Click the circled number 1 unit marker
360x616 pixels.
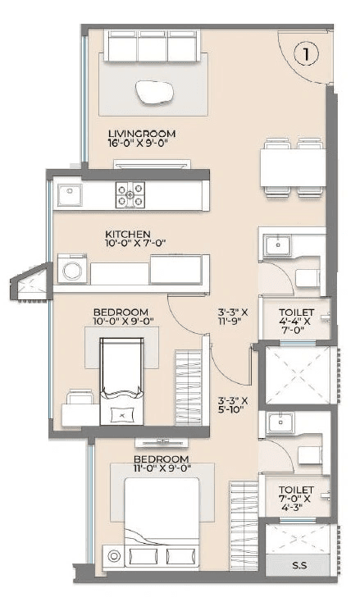[x=305, y=55]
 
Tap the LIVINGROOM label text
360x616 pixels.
[x=142, y=133]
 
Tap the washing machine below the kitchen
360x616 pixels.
[x=71, y=270]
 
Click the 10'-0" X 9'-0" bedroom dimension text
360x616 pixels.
[x=121, y=323]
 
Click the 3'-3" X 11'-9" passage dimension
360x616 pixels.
[x=231, y=317]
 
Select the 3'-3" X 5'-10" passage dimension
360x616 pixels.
[x=231, y=405]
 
